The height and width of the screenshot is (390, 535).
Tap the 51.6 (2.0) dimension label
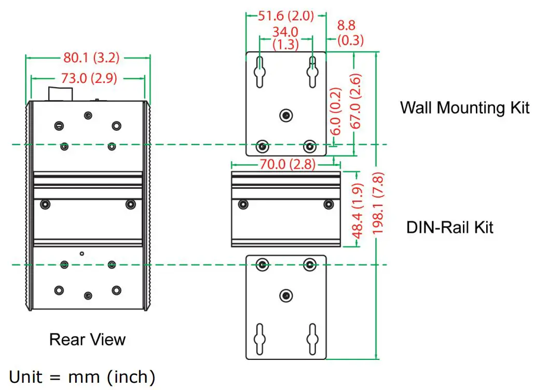(286, 16)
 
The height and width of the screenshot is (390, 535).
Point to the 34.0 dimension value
(285, 32)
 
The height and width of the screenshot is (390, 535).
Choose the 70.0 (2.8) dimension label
(286, 164)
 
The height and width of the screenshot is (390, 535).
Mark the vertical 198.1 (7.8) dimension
(378, 204)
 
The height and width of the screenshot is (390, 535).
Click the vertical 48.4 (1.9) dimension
(358, 210)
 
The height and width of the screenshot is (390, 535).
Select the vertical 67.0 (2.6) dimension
(356, 101)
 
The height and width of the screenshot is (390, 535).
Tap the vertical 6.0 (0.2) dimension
(336, 112)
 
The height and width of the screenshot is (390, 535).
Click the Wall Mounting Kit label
(464, 108)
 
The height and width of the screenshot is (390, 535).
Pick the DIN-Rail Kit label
(449, 227)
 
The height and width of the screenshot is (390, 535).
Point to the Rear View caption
(87, 340)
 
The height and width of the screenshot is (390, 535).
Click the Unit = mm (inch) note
(82, 375)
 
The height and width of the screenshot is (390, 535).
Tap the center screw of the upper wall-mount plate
(285, 115)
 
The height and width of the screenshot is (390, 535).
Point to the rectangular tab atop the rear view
(60, 93)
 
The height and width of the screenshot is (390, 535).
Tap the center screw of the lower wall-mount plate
(285, 296)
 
